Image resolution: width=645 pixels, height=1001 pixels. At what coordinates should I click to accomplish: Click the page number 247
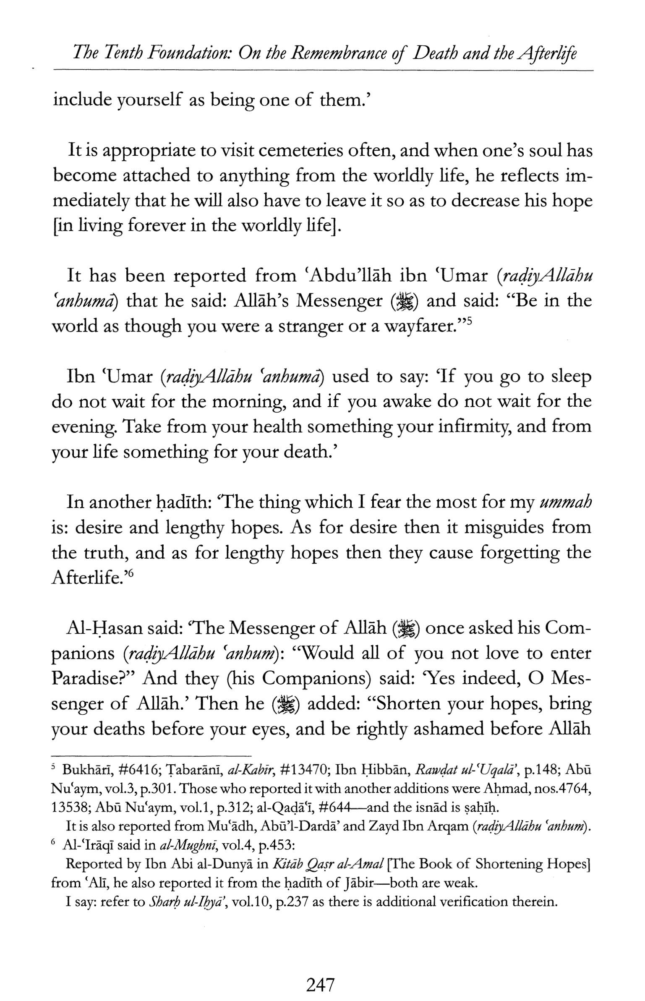coord(320,984)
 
